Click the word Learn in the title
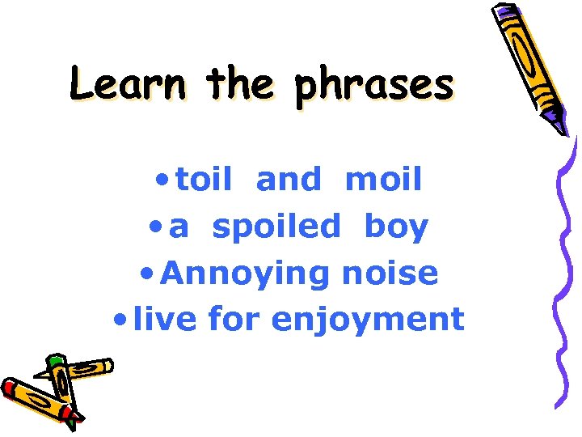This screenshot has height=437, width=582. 128,84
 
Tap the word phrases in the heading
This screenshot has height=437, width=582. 373,86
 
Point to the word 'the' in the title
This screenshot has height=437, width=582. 240,84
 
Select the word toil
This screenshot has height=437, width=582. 203,180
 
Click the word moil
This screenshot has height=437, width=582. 383,180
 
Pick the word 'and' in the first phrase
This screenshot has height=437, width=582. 289,180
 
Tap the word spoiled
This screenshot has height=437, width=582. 276,227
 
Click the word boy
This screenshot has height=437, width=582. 396,228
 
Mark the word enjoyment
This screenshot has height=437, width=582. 368,320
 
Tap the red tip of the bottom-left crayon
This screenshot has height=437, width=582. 8,388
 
